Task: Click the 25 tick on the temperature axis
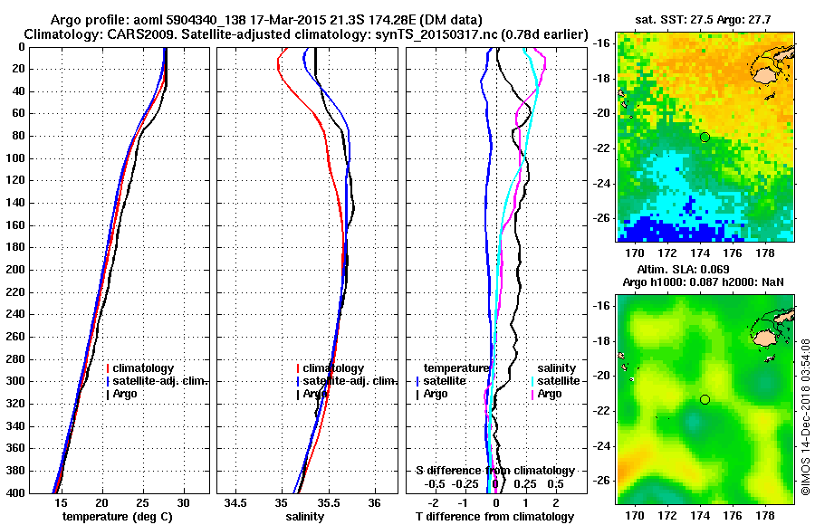(142, 502)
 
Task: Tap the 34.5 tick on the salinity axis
(236, 502)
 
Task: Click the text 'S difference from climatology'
(494, 471)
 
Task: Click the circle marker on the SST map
(705, 137)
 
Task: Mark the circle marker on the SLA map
(705, 399)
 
